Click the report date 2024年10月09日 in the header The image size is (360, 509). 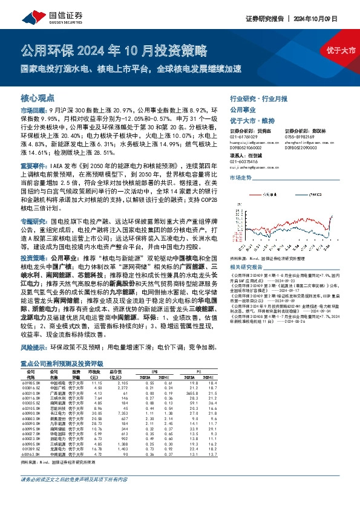pyautogui.click(x=329, y=19)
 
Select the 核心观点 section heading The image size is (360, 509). pyautogui.click(x=38, y=97)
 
